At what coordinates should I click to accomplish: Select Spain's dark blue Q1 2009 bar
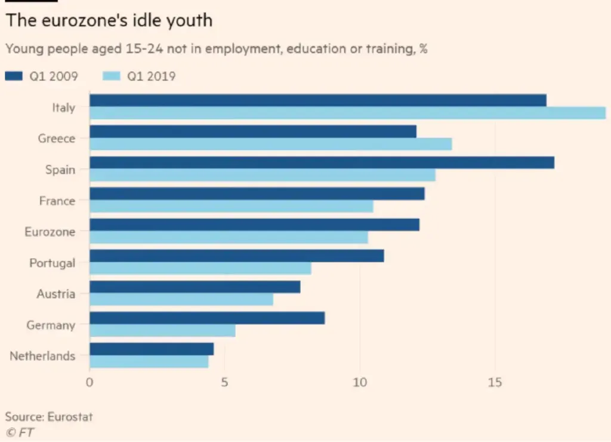tap(322, 162)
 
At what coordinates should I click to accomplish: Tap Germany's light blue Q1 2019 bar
tap(162, 330)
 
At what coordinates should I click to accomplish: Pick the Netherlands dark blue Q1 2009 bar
tap(152, 349)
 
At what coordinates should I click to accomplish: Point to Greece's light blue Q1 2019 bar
tap(270, 144)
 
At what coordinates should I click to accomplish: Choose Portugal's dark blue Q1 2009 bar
tap(236, 256)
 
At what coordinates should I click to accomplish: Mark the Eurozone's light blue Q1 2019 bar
tap(229, 237)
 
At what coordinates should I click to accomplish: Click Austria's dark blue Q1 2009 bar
tap(195, 287)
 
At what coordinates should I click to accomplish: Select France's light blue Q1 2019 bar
tap(231, 206)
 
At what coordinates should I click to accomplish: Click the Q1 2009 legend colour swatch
tap(14, 76)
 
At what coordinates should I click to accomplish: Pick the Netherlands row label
tap(42, 356)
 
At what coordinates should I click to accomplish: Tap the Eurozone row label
tap(50, 232)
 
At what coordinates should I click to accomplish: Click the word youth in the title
tap(192, 20)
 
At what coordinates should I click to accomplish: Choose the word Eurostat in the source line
tap(69, 416)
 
